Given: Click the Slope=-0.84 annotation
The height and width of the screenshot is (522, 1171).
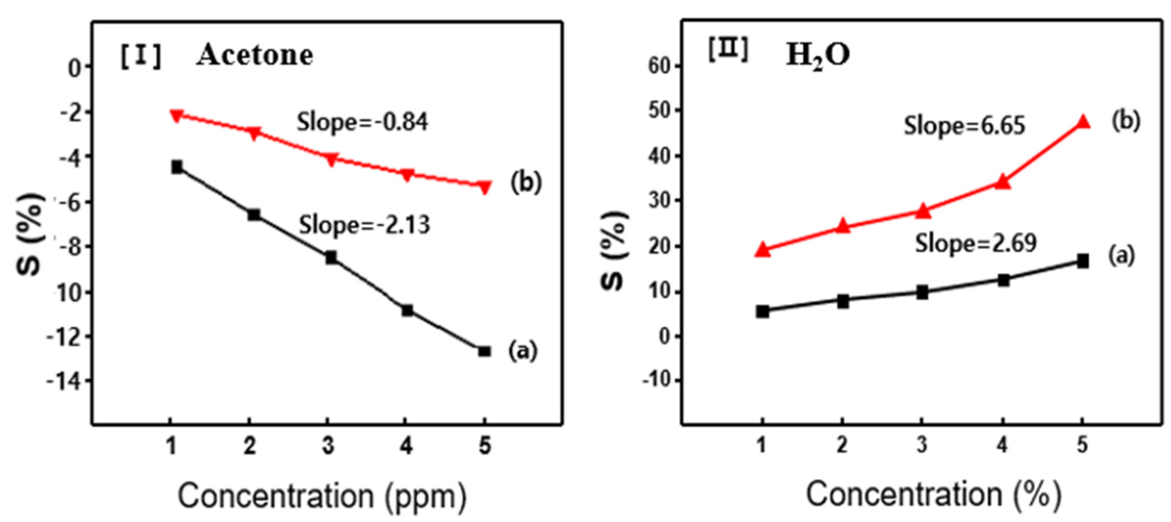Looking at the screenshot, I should (362, 122).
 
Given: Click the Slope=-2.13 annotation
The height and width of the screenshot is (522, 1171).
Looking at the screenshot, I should (364, 225).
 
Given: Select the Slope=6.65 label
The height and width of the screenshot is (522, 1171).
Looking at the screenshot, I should (964, 125).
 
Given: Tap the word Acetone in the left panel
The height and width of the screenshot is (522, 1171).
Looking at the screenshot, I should (255, 55).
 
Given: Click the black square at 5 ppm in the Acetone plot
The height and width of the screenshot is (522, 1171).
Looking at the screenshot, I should (485, 351).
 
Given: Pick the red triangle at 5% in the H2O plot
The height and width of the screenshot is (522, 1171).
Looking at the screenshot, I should (1083, 122).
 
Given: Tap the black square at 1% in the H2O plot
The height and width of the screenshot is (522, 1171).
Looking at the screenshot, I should (762, 312).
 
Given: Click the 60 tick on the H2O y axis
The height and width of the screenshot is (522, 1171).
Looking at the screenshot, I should (659, 66).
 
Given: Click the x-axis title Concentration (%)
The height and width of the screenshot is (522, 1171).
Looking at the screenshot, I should (934, 494).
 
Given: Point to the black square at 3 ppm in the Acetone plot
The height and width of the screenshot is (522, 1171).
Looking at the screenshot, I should (331, 258).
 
